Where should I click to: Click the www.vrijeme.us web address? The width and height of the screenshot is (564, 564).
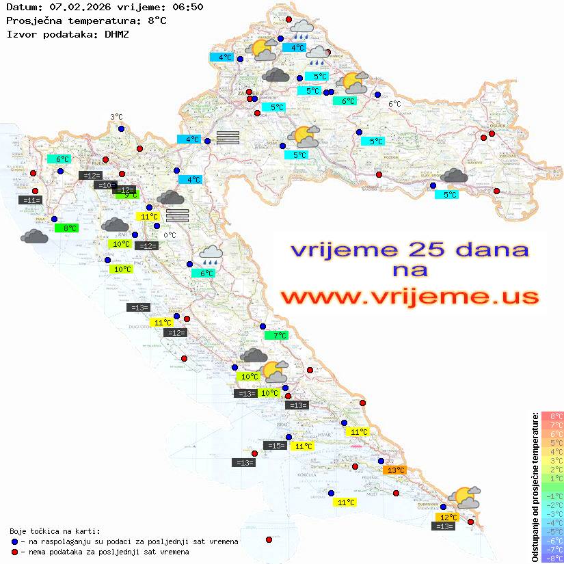[409, 297]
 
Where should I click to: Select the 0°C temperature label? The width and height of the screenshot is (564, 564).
[170, 235]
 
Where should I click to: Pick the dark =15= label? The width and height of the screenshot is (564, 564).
[276, 446]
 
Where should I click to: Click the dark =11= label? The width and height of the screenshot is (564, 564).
[31, 200]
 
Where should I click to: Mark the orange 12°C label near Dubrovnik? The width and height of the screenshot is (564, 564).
[448, 518]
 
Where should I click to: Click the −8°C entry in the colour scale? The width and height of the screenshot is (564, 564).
[552, 558]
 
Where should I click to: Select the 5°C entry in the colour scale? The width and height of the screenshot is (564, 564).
[552, 442]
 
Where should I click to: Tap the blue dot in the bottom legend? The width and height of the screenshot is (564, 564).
[15, 541]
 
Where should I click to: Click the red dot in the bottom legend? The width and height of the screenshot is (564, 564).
[15, 552]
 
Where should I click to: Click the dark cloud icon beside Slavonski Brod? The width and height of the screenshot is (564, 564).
[454, 176]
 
